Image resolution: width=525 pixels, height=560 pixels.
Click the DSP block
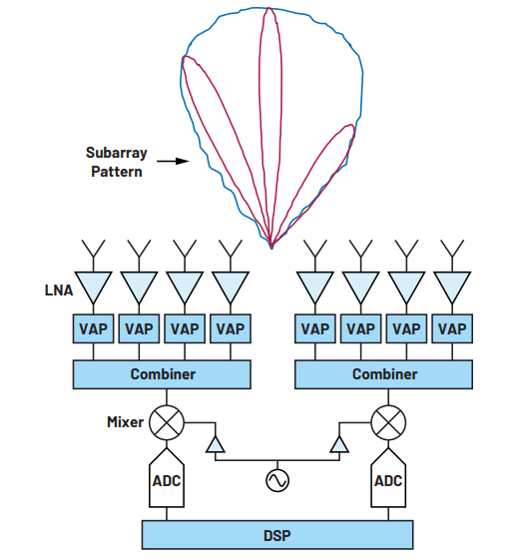tap(277, 535)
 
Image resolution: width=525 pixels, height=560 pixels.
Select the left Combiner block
tap(162, 374)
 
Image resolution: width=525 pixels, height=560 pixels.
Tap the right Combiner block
tap(383, 374)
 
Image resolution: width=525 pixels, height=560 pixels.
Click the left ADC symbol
tap(167, 478)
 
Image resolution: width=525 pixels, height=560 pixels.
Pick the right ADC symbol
tap(388, 478)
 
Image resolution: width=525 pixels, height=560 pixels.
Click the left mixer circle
tap(167, 422)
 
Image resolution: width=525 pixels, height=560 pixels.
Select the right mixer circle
tap(388, 422)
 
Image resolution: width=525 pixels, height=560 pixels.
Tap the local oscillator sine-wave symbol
tap(277, 480)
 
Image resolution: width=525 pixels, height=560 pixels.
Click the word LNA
tap(59, 290)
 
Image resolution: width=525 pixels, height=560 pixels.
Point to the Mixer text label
tap(125, 422)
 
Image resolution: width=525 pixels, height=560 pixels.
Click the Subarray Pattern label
tap(117, 162)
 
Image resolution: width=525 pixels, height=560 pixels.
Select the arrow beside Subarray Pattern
tap(173, 162)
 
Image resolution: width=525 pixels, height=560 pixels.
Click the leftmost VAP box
tap(93, 328)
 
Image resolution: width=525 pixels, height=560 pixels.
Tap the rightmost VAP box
tap(452, 328)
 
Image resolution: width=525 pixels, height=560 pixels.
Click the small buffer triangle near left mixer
tap(216, 445)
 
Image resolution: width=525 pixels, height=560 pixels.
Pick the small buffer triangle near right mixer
tap(339, 445)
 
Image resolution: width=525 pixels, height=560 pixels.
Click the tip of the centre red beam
tap(269, 8)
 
